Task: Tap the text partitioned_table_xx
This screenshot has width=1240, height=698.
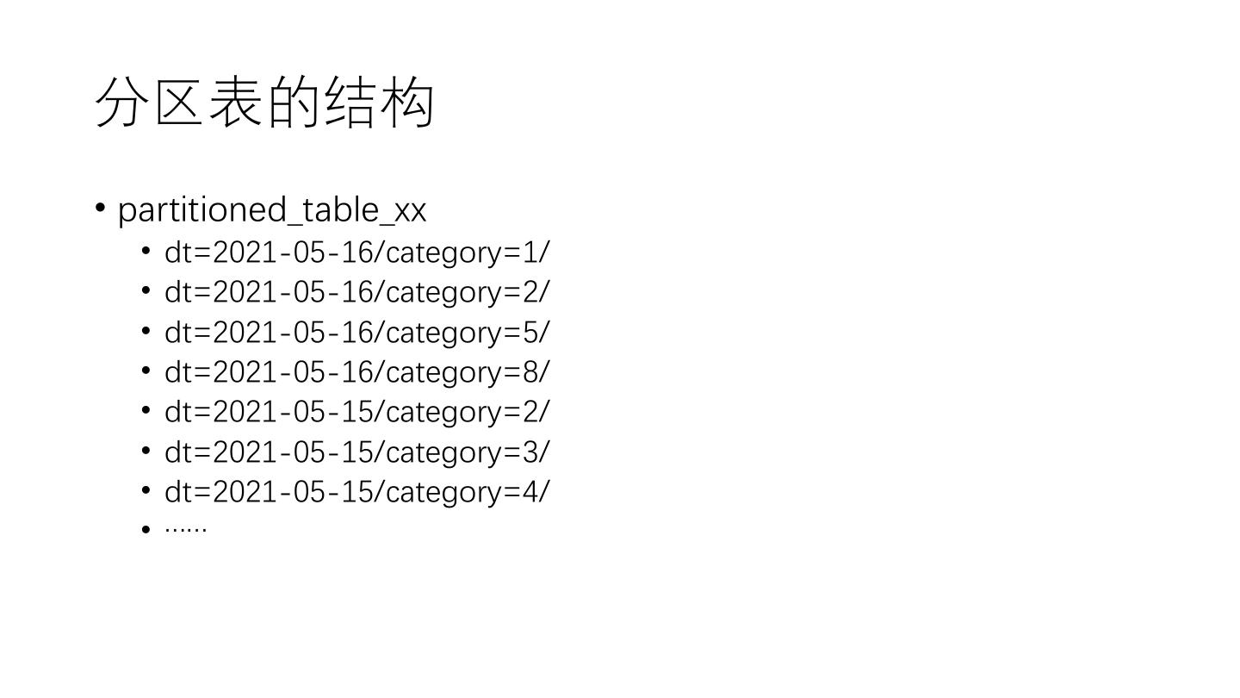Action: click(x=272, y=209)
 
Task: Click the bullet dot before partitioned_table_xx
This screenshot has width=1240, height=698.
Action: click(x=101, y=208)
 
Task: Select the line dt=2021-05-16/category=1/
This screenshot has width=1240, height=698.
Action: click(x=356, y=252)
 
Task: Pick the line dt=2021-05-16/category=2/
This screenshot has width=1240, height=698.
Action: click(x=356, y=292)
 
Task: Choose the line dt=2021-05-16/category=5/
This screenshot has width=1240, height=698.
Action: click(x=356, y=332)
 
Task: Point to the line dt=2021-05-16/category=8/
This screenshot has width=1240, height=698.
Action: click(x=356, y=371)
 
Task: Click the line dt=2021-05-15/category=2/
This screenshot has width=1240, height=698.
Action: click(x=356, y=411)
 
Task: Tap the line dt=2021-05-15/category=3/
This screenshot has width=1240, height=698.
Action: click(x=356, y=452)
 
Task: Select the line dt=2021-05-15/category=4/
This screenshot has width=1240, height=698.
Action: click(x=356, y=491)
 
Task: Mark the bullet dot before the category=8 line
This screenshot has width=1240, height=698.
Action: click(x=146, y=371)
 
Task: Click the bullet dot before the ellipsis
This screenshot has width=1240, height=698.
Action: click(x=146, y=529)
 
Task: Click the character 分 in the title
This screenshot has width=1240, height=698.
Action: click(x=121, y=103)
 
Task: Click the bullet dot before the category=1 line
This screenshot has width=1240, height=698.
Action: click(x=146, y=252)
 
